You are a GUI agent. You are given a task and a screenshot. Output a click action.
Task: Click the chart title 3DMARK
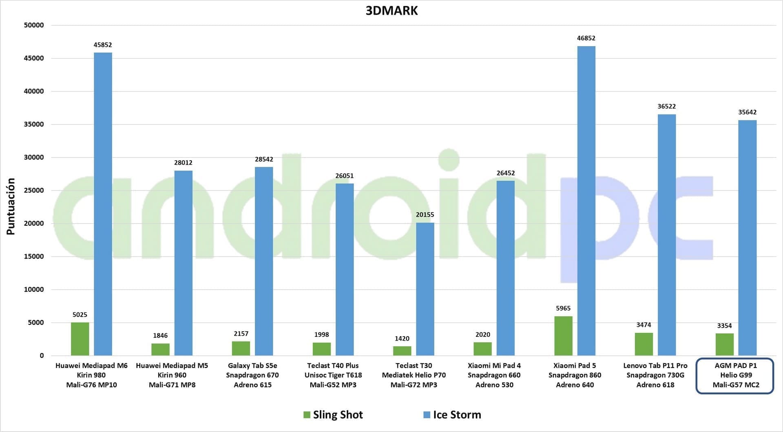click(391, 11)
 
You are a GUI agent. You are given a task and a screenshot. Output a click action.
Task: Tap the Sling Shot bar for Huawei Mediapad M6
click(80, 339)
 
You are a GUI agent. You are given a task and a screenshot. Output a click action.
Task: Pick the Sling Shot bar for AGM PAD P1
click(724, 344)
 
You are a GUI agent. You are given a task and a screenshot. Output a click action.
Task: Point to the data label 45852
click(103, 45)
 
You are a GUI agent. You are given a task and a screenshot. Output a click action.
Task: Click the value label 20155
click(425, 215)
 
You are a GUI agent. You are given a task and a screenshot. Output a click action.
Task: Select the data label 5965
click(563, 308)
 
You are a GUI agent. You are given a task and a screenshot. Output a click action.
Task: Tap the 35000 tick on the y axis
click(34, 124)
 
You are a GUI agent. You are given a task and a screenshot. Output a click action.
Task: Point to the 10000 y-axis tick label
click(34, 290)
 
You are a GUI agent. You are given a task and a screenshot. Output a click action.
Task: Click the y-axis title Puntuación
click(11, 206)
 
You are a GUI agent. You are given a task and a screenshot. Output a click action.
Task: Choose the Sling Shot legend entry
click(333, 415)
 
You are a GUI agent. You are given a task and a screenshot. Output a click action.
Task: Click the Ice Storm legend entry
click(452, 415)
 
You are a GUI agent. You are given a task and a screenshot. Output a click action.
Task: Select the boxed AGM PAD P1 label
click(735, 376)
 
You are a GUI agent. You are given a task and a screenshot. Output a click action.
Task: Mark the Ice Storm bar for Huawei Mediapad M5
click(183, 263)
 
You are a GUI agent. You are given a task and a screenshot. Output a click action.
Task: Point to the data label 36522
click(667, 106)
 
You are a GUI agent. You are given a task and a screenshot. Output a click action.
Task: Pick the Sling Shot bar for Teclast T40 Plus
click(322, 349)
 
